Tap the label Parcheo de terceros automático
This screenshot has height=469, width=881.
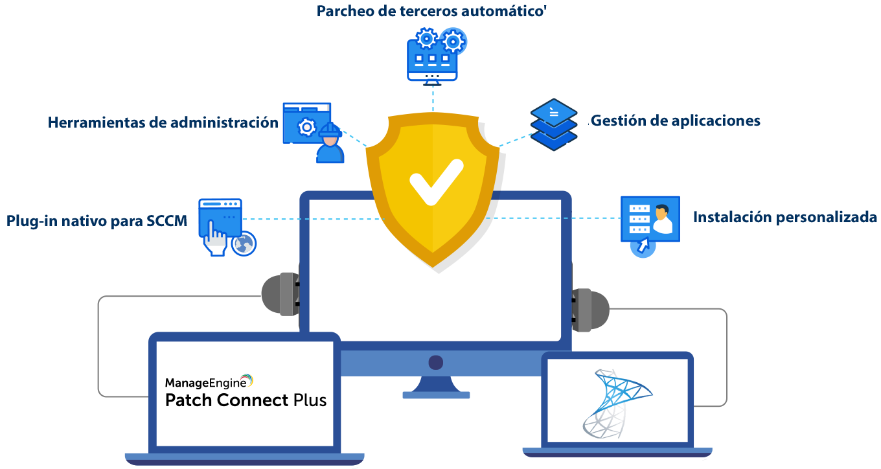[x=429, y=12]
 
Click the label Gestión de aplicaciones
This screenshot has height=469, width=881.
[x=674, y=120]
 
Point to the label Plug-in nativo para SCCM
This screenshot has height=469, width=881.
[x=97, y=221]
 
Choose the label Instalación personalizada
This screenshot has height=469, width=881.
[x=784, y=218]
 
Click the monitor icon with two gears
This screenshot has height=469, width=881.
[x=433, y=56]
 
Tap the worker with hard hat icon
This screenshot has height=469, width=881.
[x=330, y=145]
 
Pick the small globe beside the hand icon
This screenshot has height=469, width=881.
[x=245, y=244]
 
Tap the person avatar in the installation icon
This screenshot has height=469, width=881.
[x=662, y=220]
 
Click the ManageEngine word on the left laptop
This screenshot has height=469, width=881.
[x=201, y=382]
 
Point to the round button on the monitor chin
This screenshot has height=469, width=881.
[x=435, y=362]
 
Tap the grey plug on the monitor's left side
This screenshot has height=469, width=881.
[x=280, y=293]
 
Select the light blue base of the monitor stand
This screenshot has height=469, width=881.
[x=435, y=395]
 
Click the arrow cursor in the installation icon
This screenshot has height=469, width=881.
[x=643, y=246]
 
